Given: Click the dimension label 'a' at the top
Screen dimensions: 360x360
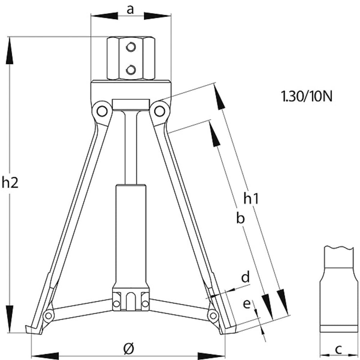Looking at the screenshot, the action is point(130,10).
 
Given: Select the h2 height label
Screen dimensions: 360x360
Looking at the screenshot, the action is point(10,183).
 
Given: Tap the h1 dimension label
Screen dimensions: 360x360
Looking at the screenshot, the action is point(251,198).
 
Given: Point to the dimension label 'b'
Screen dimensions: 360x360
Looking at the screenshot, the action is point(240,218).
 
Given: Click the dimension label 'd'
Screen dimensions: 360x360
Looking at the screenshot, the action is point(245,277).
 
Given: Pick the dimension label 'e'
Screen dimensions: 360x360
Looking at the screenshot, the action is point(247,304).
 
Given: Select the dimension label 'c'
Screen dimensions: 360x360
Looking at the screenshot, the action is point(338,349).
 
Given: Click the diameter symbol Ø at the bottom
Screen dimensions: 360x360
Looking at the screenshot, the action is point(129,348).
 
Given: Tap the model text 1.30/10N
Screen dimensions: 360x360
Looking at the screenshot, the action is point(307,96).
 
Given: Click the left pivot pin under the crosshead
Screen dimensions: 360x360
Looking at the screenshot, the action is point(101,111).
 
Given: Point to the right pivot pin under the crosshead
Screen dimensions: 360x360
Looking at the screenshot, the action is point(159,111).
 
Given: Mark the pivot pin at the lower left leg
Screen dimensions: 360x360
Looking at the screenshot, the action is point(48,316).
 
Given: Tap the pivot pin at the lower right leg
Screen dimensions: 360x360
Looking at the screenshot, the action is point(213,316).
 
